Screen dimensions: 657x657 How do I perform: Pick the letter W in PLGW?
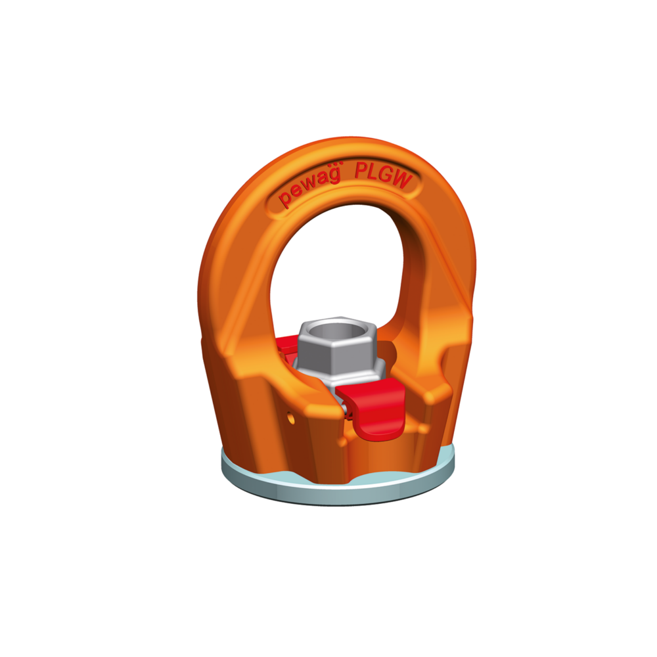click(x=402, y=179)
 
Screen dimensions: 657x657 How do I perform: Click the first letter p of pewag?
click(x=286, y=198)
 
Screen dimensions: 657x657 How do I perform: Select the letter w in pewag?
click(x=311, y=183)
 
